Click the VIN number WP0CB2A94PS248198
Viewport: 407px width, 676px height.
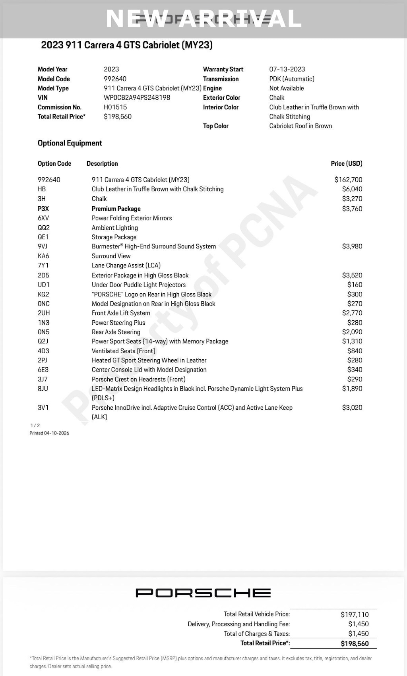(137, 98)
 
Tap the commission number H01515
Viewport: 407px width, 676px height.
(115, 107)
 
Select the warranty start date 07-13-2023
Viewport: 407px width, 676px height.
(287, 69)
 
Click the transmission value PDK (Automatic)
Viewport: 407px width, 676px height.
(292, 79)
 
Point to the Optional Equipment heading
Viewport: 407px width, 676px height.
(70, 143)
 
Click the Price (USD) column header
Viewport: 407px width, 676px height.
(347, 163)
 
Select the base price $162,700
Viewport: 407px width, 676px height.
(348, 180)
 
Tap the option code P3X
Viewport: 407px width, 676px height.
(43, 209)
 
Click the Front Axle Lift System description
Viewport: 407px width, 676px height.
(121, 313)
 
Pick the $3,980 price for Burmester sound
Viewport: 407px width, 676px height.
(352, 246)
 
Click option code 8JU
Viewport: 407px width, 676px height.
(43, 389)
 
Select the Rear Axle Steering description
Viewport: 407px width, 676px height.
(116, 332)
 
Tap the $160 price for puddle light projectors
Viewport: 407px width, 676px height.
(355, 285)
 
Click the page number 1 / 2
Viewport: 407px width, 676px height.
(35, 425)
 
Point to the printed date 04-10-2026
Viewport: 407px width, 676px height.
(49, 433)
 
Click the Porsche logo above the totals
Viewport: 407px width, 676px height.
(203, 593)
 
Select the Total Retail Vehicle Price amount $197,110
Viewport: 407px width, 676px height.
(355, 614)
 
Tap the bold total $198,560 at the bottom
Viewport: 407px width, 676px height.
(355, 643)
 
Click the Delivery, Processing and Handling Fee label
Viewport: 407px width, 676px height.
(238, 624)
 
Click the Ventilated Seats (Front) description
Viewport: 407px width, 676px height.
(124, 351)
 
